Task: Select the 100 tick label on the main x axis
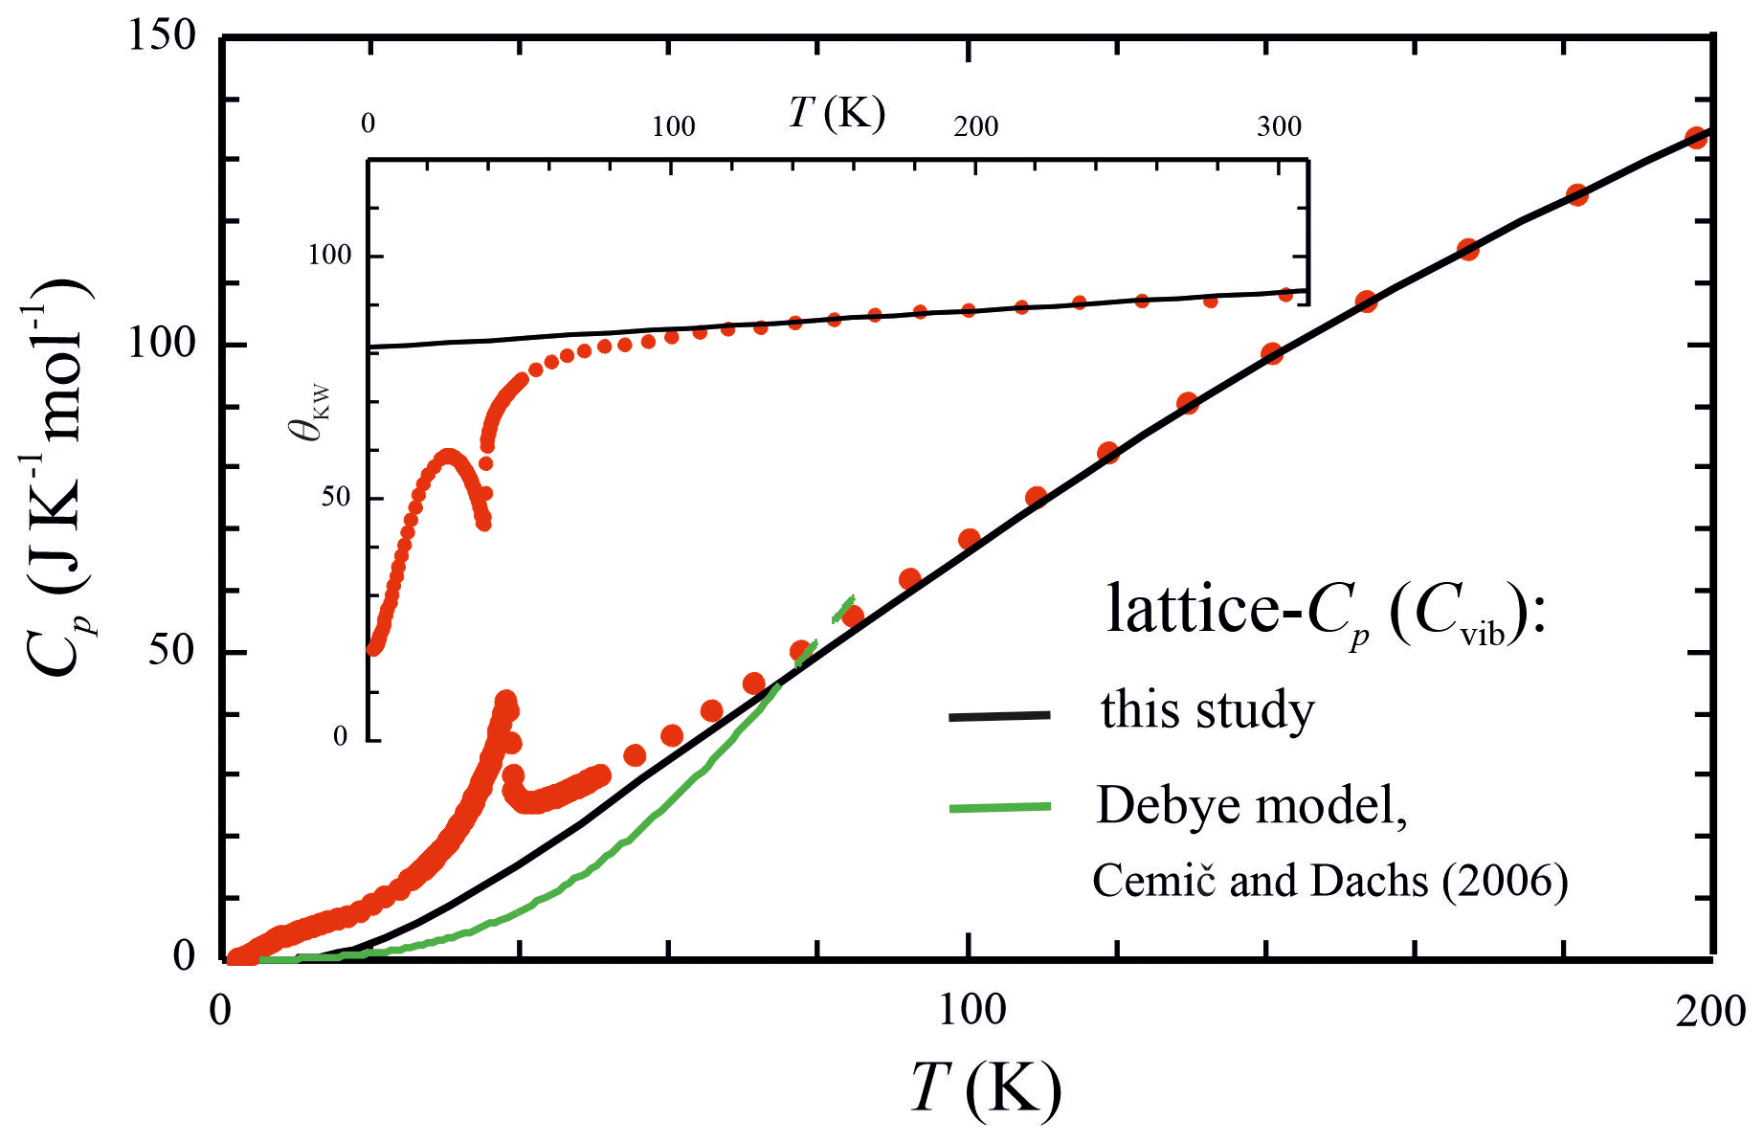[970, 1011]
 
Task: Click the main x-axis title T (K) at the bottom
[986, 1088]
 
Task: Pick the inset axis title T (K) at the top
[837, 113]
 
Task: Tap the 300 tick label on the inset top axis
[1279, 126]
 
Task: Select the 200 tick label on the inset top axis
[975, 126]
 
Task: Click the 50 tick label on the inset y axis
[335, 498]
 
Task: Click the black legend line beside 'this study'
[999, 716]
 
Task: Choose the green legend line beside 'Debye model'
[999, 808]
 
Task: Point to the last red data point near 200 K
[1696, 137]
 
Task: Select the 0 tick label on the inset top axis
[368, 124]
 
